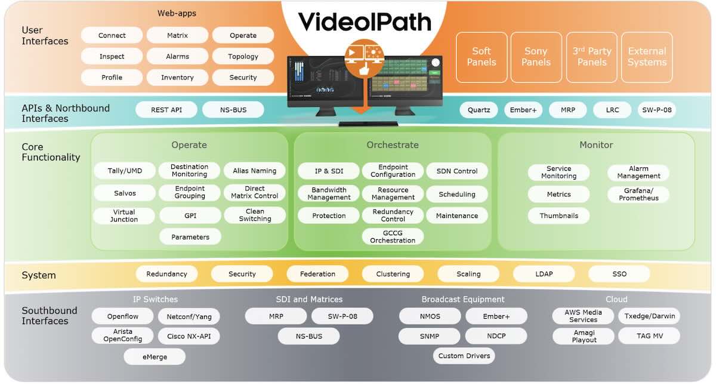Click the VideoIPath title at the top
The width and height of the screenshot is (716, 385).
coord(365,22)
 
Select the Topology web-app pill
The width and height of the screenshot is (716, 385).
coord(243,57)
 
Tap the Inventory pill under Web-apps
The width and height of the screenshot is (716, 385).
coord(177,78)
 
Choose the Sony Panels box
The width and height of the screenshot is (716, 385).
coord(536,57)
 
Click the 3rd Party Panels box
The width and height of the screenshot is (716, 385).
coord(591,57)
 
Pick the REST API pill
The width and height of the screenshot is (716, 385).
coord(166,110)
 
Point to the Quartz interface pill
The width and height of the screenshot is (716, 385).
coord(479,110)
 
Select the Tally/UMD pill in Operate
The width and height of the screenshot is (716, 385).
coord(125,171)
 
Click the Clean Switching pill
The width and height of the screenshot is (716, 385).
coord(255,215)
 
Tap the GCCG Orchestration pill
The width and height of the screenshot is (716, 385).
coord(392,236)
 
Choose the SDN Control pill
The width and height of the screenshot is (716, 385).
coord(457,171)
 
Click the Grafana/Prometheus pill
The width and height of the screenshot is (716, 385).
coord(638,195)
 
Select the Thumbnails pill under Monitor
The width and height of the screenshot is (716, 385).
coord(558,215)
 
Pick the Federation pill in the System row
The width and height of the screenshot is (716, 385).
coord(317,274)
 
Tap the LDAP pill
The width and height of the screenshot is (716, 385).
coord(544,274)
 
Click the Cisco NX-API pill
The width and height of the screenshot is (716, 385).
coord(189,336)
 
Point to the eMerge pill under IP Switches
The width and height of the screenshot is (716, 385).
coord(155,357)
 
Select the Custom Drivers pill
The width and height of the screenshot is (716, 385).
coord(464,356)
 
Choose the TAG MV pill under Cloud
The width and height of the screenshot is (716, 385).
coord(649,336)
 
